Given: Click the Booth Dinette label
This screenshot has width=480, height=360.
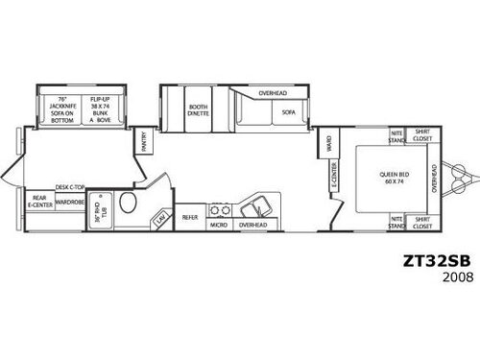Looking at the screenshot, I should click(199, 110).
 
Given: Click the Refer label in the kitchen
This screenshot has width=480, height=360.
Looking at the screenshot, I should click(190, 218).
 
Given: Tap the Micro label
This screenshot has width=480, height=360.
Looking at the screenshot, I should click(219, 226).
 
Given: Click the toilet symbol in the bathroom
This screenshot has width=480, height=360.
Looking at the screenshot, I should click(128, 203).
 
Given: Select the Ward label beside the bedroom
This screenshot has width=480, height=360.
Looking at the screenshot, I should click(329, 145).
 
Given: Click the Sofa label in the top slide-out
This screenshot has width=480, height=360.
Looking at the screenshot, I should click(289, 111).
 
